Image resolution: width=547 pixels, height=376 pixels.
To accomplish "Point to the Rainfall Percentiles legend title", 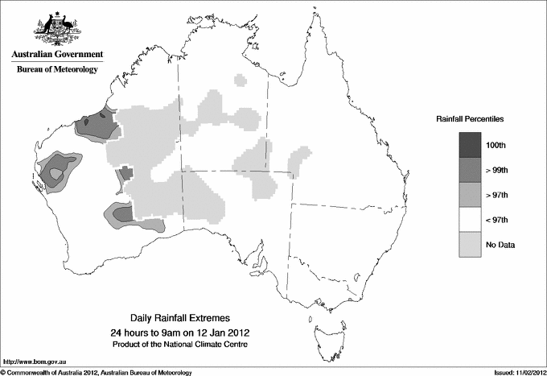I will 470,119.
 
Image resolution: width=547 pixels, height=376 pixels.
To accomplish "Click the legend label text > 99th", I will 499,170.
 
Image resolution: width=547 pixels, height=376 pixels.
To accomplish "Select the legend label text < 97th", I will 499,220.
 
